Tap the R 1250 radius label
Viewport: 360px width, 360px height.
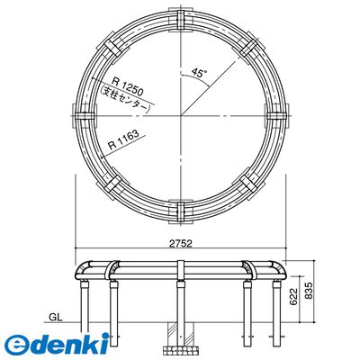tap(128, 85)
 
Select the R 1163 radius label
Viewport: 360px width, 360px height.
tap(123, 139)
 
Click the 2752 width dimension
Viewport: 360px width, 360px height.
tap(180, 243)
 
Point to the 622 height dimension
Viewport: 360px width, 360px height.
tap(294, 296)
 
